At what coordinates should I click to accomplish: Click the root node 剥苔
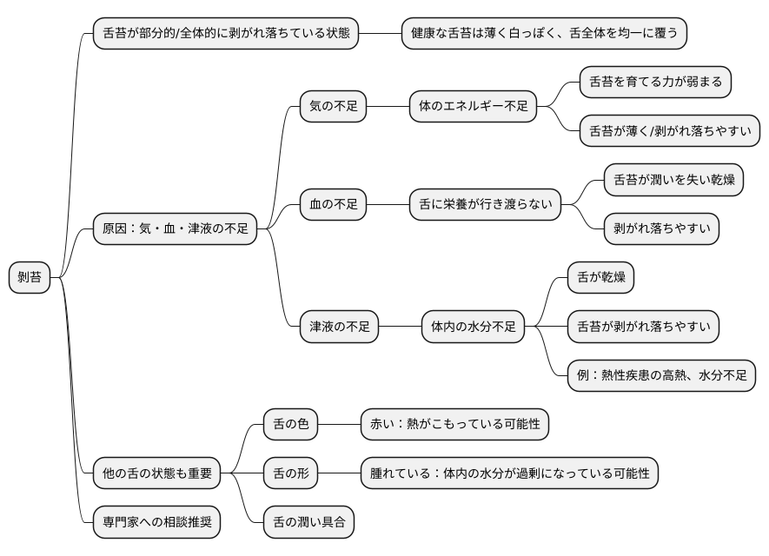30,278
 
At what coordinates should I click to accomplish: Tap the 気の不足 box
333,107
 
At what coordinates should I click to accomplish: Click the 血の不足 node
333,205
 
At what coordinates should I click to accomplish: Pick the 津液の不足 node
340,328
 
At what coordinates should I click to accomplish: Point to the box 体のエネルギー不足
473,107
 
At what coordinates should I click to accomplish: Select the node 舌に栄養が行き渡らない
485,205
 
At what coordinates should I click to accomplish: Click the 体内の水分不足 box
474,328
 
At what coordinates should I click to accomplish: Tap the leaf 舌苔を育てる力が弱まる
655,83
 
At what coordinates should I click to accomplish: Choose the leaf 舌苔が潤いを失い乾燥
673,180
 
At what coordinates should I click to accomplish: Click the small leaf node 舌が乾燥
600,278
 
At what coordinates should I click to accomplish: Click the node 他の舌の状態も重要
156,474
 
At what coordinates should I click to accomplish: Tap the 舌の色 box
290,425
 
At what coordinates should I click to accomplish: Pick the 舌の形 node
290,474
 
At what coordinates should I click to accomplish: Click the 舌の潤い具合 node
308,523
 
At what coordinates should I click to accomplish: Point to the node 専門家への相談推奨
156,523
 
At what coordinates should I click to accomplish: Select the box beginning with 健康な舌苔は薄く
544,33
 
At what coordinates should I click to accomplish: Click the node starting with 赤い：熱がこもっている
454,425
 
